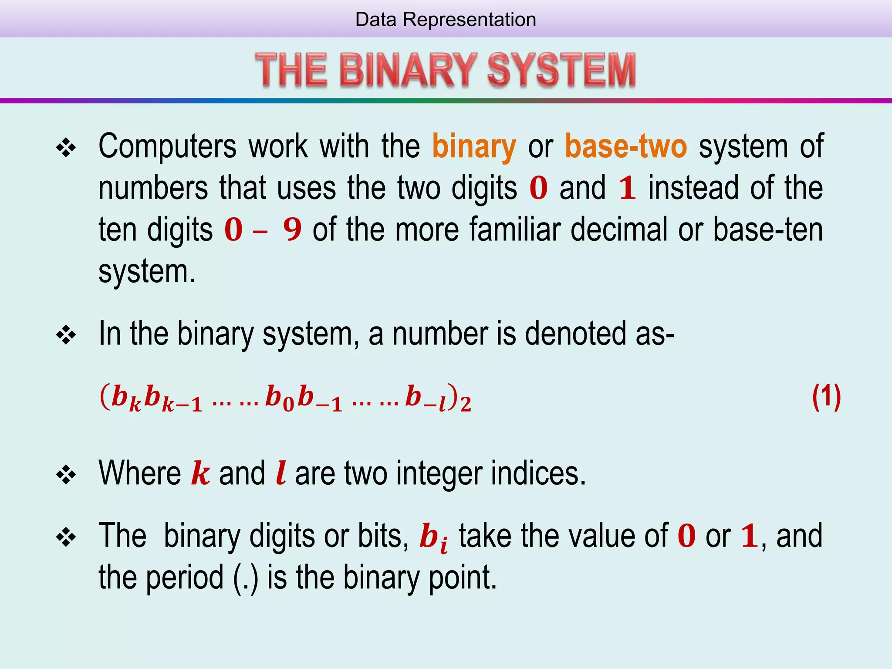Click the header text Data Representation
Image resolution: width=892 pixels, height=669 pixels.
(x=446, y=20)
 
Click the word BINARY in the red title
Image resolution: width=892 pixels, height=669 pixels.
(x=408, y=70)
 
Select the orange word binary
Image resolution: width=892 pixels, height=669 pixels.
(x=474, y=147)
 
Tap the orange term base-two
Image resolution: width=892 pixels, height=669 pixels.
(x=626, y=147)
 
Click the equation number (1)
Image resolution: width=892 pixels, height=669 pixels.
(x=826, y=397)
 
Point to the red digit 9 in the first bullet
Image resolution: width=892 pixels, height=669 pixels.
(x=292, y=230)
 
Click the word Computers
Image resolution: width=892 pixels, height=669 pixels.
(x=168, y=147)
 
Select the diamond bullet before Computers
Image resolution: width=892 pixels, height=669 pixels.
(x=66, y=149)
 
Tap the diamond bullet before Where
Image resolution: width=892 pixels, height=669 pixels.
(x=66, y=475)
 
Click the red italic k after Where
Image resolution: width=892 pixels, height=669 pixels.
(x=200, y=473)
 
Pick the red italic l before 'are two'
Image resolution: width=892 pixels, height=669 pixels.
(x=281, y=473)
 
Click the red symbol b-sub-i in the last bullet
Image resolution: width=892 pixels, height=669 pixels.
(x=433, y=538)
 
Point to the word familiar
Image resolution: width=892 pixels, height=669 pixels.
(x=515, y=230)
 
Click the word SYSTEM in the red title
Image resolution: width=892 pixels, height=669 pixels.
(x=561, y=70)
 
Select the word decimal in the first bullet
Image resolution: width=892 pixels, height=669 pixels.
(x=619, y=230)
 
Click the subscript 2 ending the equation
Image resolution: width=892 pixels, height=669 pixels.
(x=466, y=405)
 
